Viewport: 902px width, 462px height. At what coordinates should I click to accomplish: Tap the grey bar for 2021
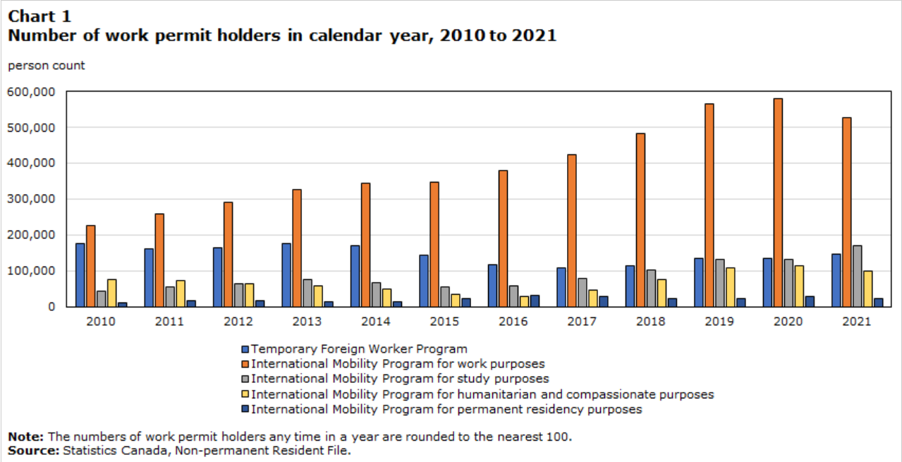(857, 276)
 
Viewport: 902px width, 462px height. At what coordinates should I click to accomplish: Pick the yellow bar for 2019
(730, 287)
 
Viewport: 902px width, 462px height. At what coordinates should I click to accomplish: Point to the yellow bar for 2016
(524, 301)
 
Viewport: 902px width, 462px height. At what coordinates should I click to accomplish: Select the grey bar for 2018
(651, 288)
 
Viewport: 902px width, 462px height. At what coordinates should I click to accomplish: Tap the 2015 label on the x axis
(444, 321)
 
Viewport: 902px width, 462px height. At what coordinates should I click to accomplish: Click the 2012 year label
(238, 321)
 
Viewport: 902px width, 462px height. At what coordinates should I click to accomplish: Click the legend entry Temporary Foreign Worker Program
(359, 348)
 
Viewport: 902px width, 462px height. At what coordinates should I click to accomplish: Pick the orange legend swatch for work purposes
(245, 364)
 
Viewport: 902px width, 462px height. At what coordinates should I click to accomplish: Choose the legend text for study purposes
(400, 379)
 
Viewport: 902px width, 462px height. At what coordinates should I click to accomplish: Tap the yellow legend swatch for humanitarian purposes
(245, 394)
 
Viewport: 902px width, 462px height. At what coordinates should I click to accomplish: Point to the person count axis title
(46, 66)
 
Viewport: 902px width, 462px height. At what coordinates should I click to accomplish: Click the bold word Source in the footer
(33, 450)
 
